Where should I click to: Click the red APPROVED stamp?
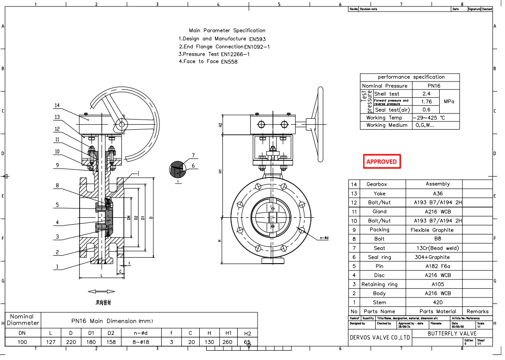381,162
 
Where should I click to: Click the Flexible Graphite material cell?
432,230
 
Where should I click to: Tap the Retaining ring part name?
379,284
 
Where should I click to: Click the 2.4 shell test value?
426,94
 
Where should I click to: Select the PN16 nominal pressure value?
434,86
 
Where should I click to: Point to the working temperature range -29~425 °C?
429,118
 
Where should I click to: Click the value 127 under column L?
51,342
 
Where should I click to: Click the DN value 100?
22,342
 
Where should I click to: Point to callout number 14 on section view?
57,105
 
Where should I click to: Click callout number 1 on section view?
57,266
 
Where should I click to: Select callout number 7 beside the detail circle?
193,155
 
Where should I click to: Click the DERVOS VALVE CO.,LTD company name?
379,337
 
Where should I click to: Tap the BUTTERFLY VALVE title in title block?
452,334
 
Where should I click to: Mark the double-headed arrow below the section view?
101,291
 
